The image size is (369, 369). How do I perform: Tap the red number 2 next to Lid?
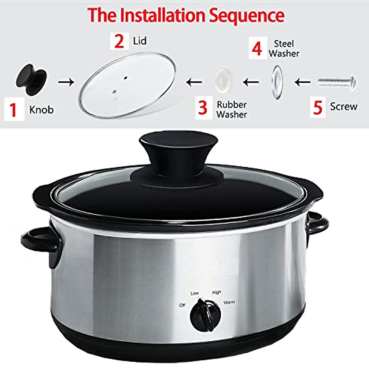pos(119,42)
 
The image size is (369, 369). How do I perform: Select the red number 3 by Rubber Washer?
pos(203,108)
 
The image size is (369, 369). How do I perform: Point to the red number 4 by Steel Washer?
pos(257,49)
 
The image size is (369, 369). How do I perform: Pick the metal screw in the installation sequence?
pos(337,82)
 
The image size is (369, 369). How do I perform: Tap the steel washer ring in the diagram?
pos(277,82)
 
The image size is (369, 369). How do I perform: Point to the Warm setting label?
pos(229,302)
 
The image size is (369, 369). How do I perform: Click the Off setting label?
pos(182,305)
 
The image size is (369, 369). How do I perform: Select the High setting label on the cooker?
pos(216,292)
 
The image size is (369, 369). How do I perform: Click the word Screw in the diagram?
pos(343,107)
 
